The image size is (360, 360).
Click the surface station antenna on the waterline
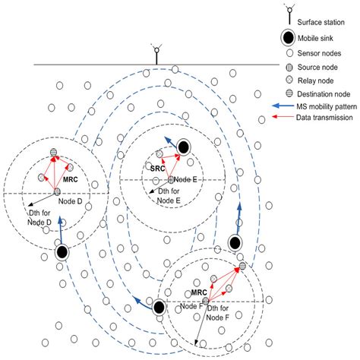coord(156,54)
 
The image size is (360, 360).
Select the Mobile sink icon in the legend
coord(288,38)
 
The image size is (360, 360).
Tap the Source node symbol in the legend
coord(289,67)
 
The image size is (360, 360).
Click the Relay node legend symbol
coord(289,81)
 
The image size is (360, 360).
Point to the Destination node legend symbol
coord(289,93)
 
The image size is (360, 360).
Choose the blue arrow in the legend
coord(283,106)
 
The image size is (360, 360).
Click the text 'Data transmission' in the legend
coord(324,118)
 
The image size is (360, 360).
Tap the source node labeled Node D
coord(57,191)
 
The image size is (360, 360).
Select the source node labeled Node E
coord(171,180)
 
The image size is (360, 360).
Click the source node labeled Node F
coord(206,301)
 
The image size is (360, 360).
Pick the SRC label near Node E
coord(157,169)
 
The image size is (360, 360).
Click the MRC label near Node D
coord(71,179)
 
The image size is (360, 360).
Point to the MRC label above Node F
coord(199,292)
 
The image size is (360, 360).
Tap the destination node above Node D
coord(53,153)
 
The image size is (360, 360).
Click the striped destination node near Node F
coord(242,266)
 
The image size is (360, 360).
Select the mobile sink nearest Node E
coord(184,147)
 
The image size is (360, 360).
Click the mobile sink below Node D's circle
coord(62,252)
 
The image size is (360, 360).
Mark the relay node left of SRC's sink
coord(159,153)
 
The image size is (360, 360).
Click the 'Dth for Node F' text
coord(218,313)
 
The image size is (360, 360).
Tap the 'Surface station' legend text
coord(321,22)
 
